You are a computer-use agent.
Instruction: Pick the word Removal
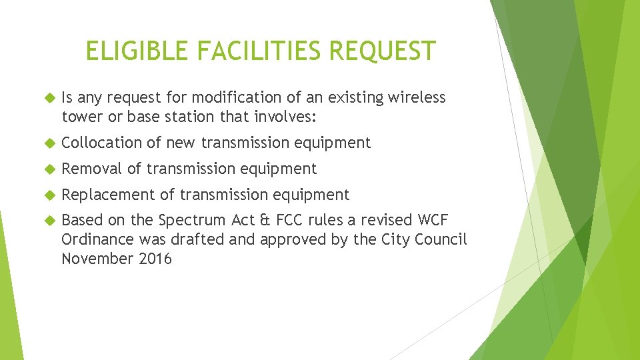pyautogui.click(x=92, y=169)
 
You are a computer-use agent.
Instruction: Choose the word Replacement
pyautogui.click(x=108, y=195)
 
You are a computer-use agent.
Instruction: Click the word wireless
pyautogui.click(x=418, y=98)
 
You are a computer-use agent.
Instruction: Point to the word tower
pyautogui.click(x=81, y=117)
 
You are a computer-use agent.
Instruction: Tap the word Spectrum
pyautogui.click(x=194, y=221)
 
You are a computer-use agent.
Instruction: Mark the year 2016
pyautogui.click(x=155, y=258)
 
